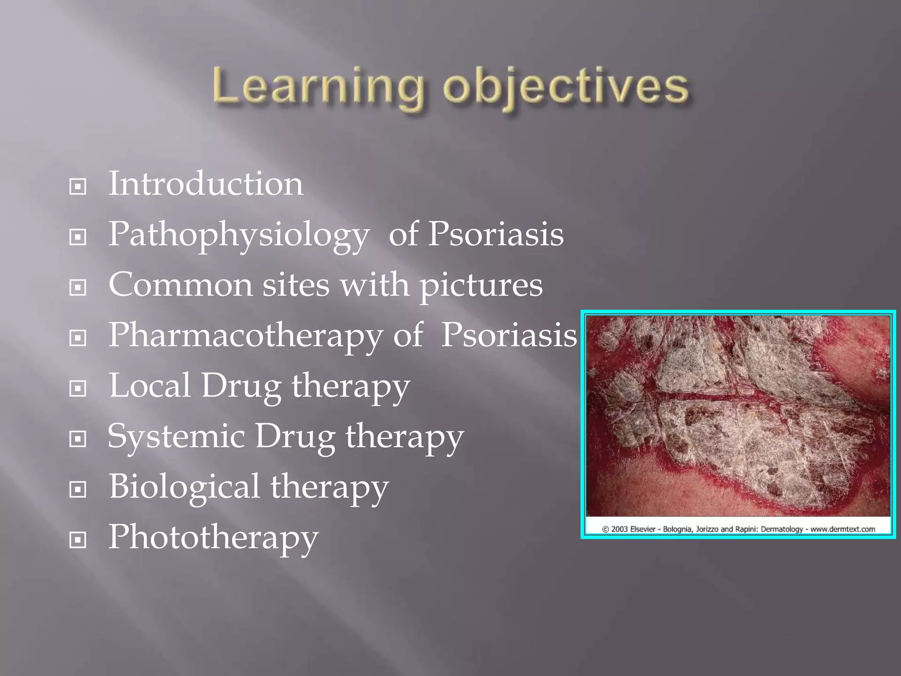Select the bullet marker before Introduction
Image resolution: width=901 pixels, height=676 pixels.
tap(78, 187)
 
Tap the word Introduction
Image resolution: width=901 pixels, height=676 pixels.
tap(205, 184)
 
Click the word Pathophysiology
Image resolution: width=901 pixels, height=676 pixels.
tap(238, 235)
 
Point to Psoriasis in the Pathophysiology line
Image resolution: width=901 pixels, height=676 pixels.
tap(495, 234)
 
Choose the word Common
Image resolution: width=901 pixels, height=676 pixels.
tap(180, 285)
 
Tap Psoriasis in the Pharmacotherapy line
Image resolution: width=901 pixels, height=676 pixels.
tap(509, 335)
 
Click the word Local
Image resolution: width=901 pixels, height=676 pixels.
tap(150, 386)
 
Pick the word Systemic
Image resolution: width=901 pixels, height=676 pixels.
tap(176, 437)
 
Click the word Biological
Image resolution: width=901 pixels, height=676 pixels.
tap(184, 487)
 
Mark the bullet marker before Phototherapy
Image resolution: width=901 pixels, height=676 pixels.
tap(78, 540)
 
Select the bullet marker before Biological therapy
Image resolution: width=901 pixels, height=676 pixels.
tap(78, 489)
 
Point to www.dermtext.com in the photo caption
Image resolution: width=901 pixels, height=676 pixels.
tap(842, 529)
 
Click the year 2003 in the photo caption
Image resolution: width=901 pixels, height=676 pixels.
tap(619, 529)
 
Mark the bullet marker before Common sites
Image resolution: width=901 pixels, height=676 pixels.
tap(78, 287)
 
